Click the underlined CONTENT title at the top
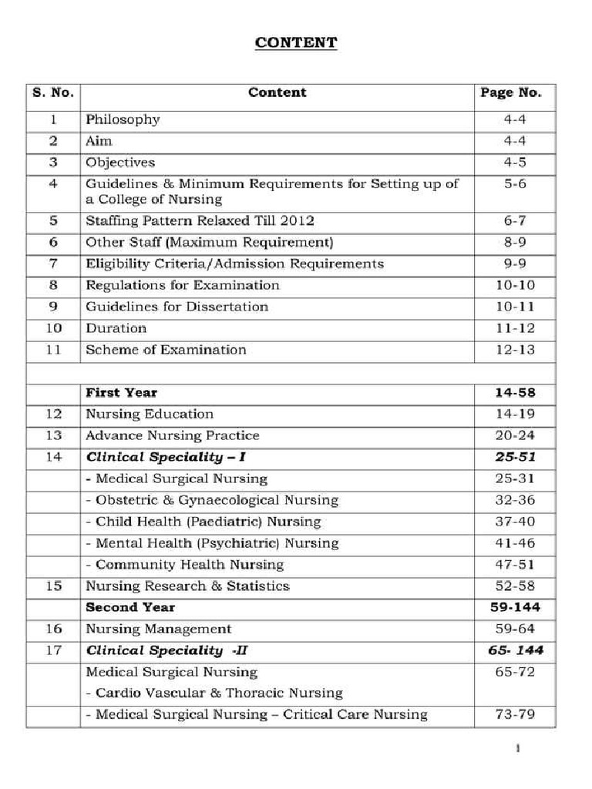[296, 42]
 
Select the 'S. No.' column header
[53, 92]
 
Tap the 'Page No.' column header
[510, 92]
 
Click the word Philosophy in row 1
[123, 119]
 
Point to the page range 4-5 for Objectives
[514, 163]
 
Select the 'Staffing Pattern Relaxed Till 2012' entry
[200, 220]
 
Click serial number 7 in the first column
[53, 264]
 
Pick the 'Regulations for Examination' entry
[182, 285]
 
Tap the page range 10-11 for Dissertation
[514, 307]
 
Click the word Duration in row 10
[116, 328]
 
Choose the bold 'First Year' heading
[121, 393]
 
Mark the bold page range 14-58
[514, 393]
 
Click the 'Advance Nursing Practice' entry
[172, 435]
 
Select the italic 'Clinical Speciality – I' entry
[166, 457]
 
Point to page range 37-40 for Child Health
[514, 522]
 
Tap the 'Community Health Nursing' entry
[184, 565]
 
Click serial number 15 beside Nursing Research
[53, 586]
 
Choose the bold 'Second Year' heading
[129, 607]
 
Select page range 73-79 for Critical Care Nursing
[514, 714]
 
